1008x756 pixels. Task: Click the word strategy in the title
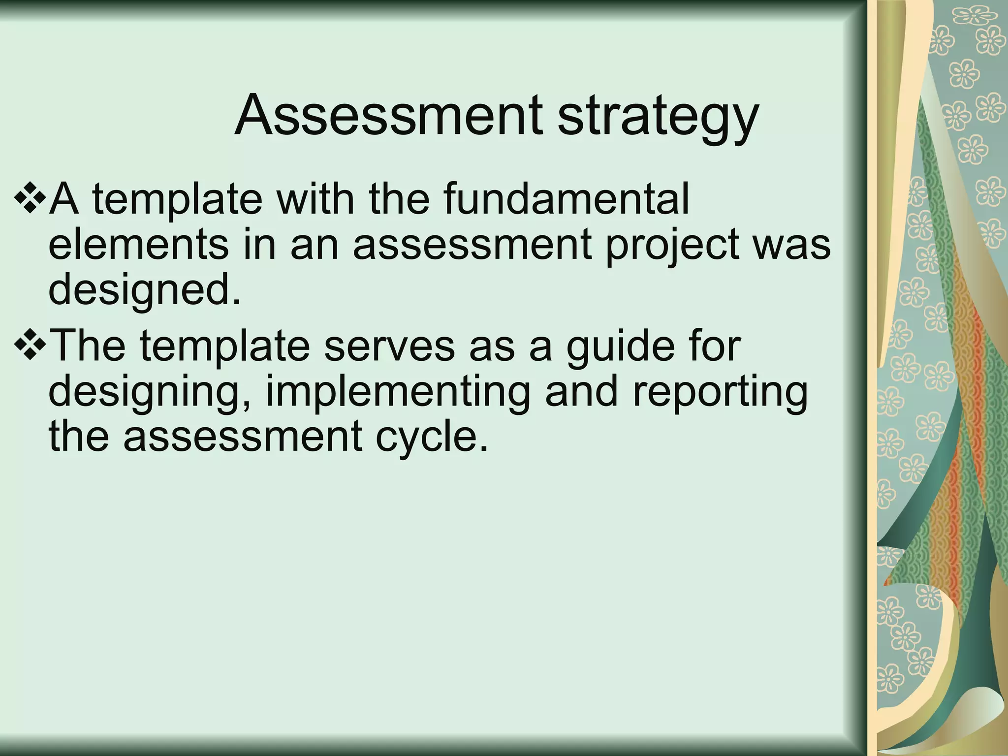click(x=657, y=118)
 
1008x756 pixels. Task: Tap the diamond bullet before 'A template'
click(x=29, y=198)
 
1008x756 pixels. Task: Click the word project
click(x=672, y=246)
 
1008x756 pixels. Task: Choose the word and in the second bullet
click(x=581, y=392)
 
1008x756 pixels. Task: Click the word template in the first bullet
click(x=177, y=200)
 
